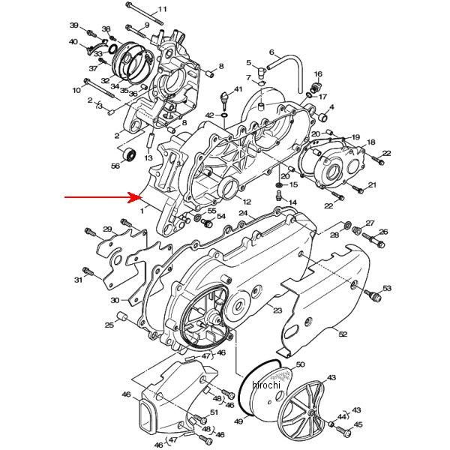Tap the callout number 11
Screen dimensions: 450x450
click(x=162, y=9)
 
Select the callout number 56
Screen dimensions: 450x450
click(x=115, y=166)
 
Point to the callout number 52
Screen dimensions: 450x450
click(x=343, y=334)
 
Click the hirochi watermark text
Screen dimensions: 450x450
click(x=266, y=385)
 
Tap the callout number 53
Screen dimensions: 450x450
click(x=387, y=288)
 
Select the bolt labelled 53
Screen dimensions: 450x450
click(x=373, y=295)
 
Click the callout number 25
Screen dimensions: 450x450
click(x=109, y=325)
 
